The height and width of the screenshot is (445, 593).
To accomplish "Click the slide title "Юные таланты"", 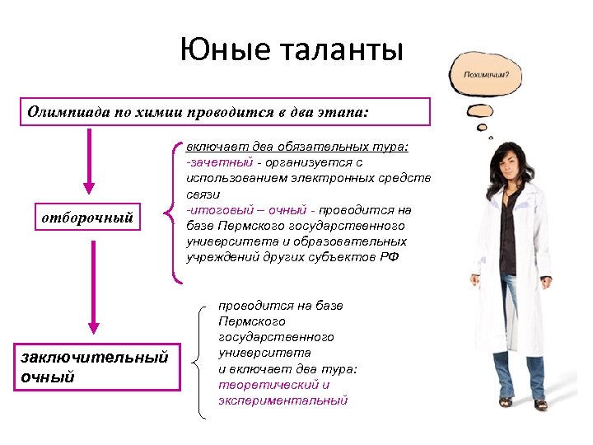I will tap(292, 51).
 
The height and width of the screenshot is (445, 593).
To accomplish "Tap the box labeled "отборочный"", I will tap(87, 218).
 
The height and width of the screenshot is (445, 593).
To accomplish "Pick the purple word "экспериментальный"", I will tap(282, 400).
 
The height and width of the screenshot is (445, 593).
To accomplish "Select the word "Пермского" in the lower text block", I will tap(252, 321).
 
